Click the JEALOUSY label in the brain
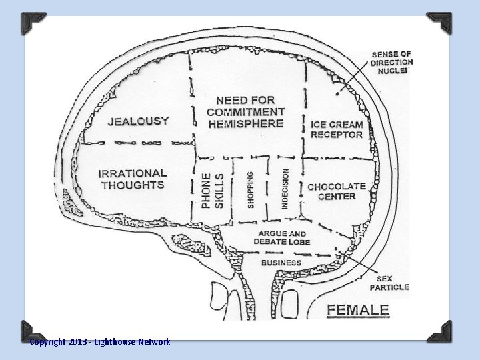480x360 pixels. pos(139,121)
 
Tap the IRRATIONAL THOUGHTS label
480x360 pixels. pos(133,179)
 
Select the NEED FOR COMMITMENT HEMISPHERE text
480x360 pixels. pos(245,112)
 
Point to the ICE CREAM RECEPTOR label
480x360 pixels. pos(337,129)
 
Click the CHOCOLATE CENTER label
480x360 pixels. pos(337,191)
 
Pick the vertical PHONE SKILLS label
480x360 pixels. pos(213,191)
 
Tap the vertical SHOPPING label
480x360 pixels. pos(251,190)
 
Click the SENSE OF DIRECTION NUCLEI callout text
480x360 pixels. pos(392,62)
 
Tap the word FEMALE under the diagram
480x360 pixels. pos(358,310)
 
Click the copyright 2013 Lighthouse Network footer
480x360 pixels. pos(100,342)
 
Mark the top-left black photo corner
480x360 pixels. pos(33,23)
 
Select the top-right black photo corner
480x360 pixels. pos(439,23)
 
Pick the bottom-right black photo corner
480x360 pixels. pos(439,331)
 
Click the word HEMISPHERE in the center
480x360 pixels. pos(245,123)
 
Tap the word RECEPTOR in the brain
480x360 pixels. pos(337,135)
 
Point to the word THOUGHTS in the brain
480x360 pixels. pos(133,185)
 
